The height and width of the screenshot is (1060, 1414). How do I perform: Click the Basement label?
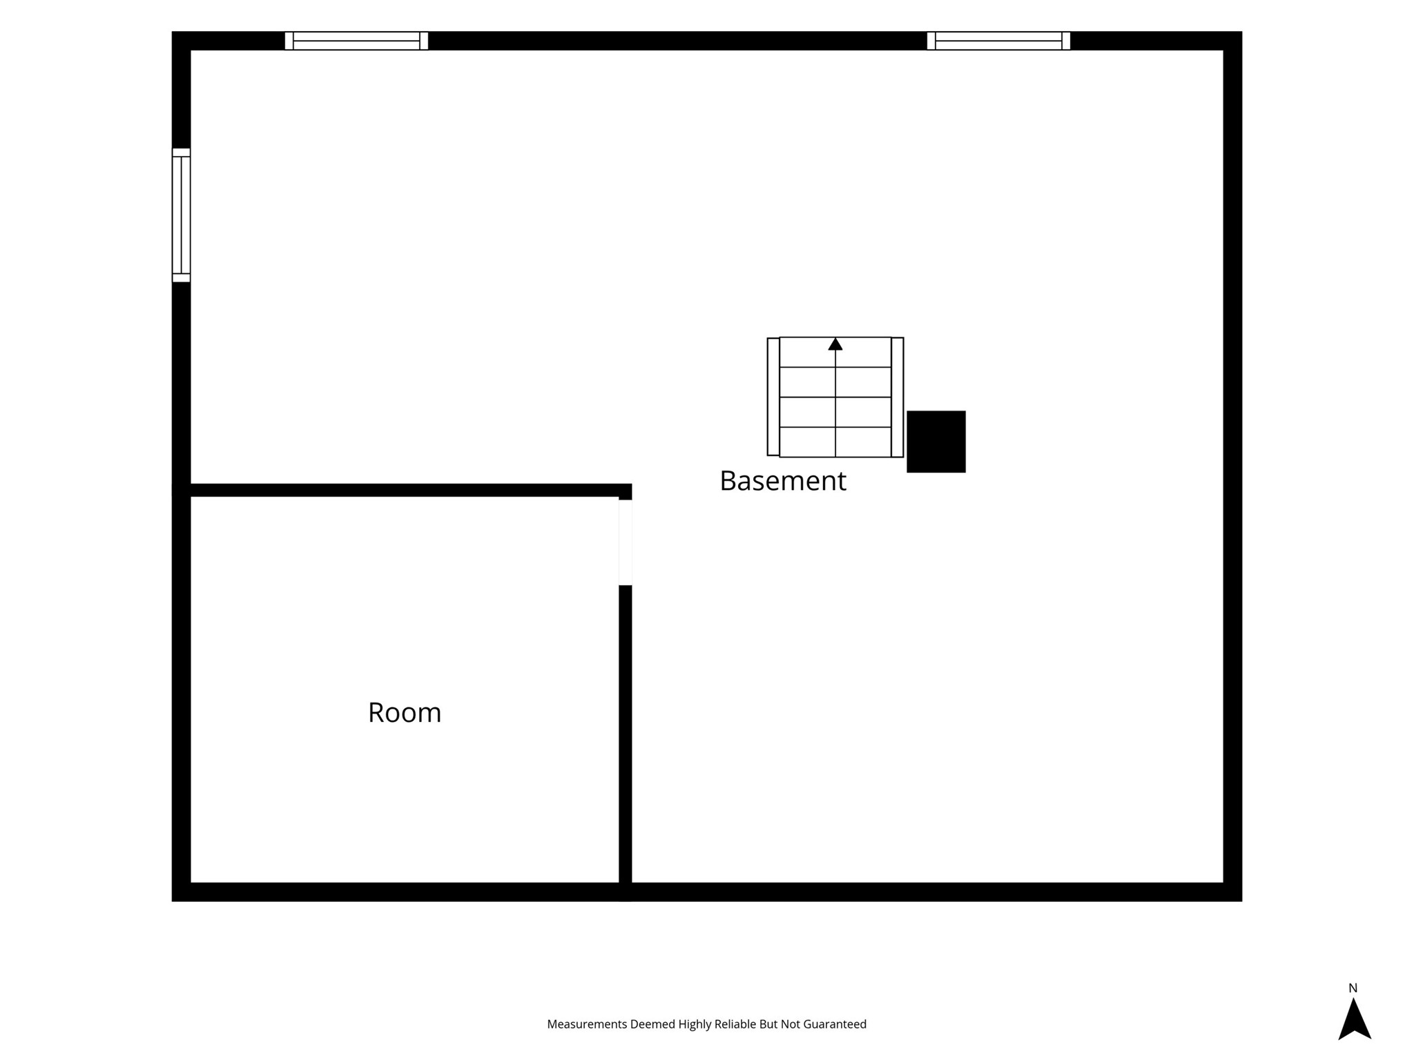[782, 481]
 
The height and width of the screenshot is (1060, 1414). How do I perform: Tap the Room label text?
[405, 712]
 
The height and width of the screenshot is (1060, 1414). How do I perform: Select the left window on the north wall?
[356, 41]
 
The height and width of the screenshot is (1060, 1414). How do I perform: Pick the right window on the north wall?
[998, 41]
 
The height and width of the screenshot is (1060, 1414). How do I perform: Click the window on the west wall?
[181, 215]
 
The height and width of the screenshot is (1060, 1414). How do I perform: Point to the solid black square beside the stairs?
[936, 442]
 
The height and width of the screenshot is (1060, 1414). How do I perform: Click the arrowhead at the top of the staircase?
[835, 344]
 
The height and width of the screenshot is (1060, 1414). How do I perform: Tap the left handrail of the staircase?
[773, 397]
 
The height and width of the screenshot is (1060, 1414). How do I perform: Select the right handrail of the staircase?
[898, 397]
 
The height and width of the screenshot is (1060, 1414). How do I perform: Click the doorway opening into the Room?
[626, 542]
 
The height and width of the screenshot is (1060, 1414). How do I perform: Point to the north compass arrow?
[1355, 1019]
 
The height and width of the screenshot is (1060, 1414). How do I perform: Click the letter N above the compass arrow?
[1353, 988]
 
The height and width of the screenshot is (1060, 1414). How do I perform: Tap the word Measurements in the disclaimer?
[587, 1024]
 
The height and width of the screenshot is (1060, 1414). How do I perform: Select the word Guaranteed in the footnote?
[834, 1024]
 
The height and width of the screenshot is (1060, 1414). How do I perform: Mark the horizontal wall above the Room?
[402, 490]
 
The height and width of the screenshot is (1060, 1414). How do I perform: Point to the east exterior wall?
[1233, 467]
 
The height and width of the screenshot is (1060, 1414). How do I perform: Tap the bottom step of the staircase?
[835, 442]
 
